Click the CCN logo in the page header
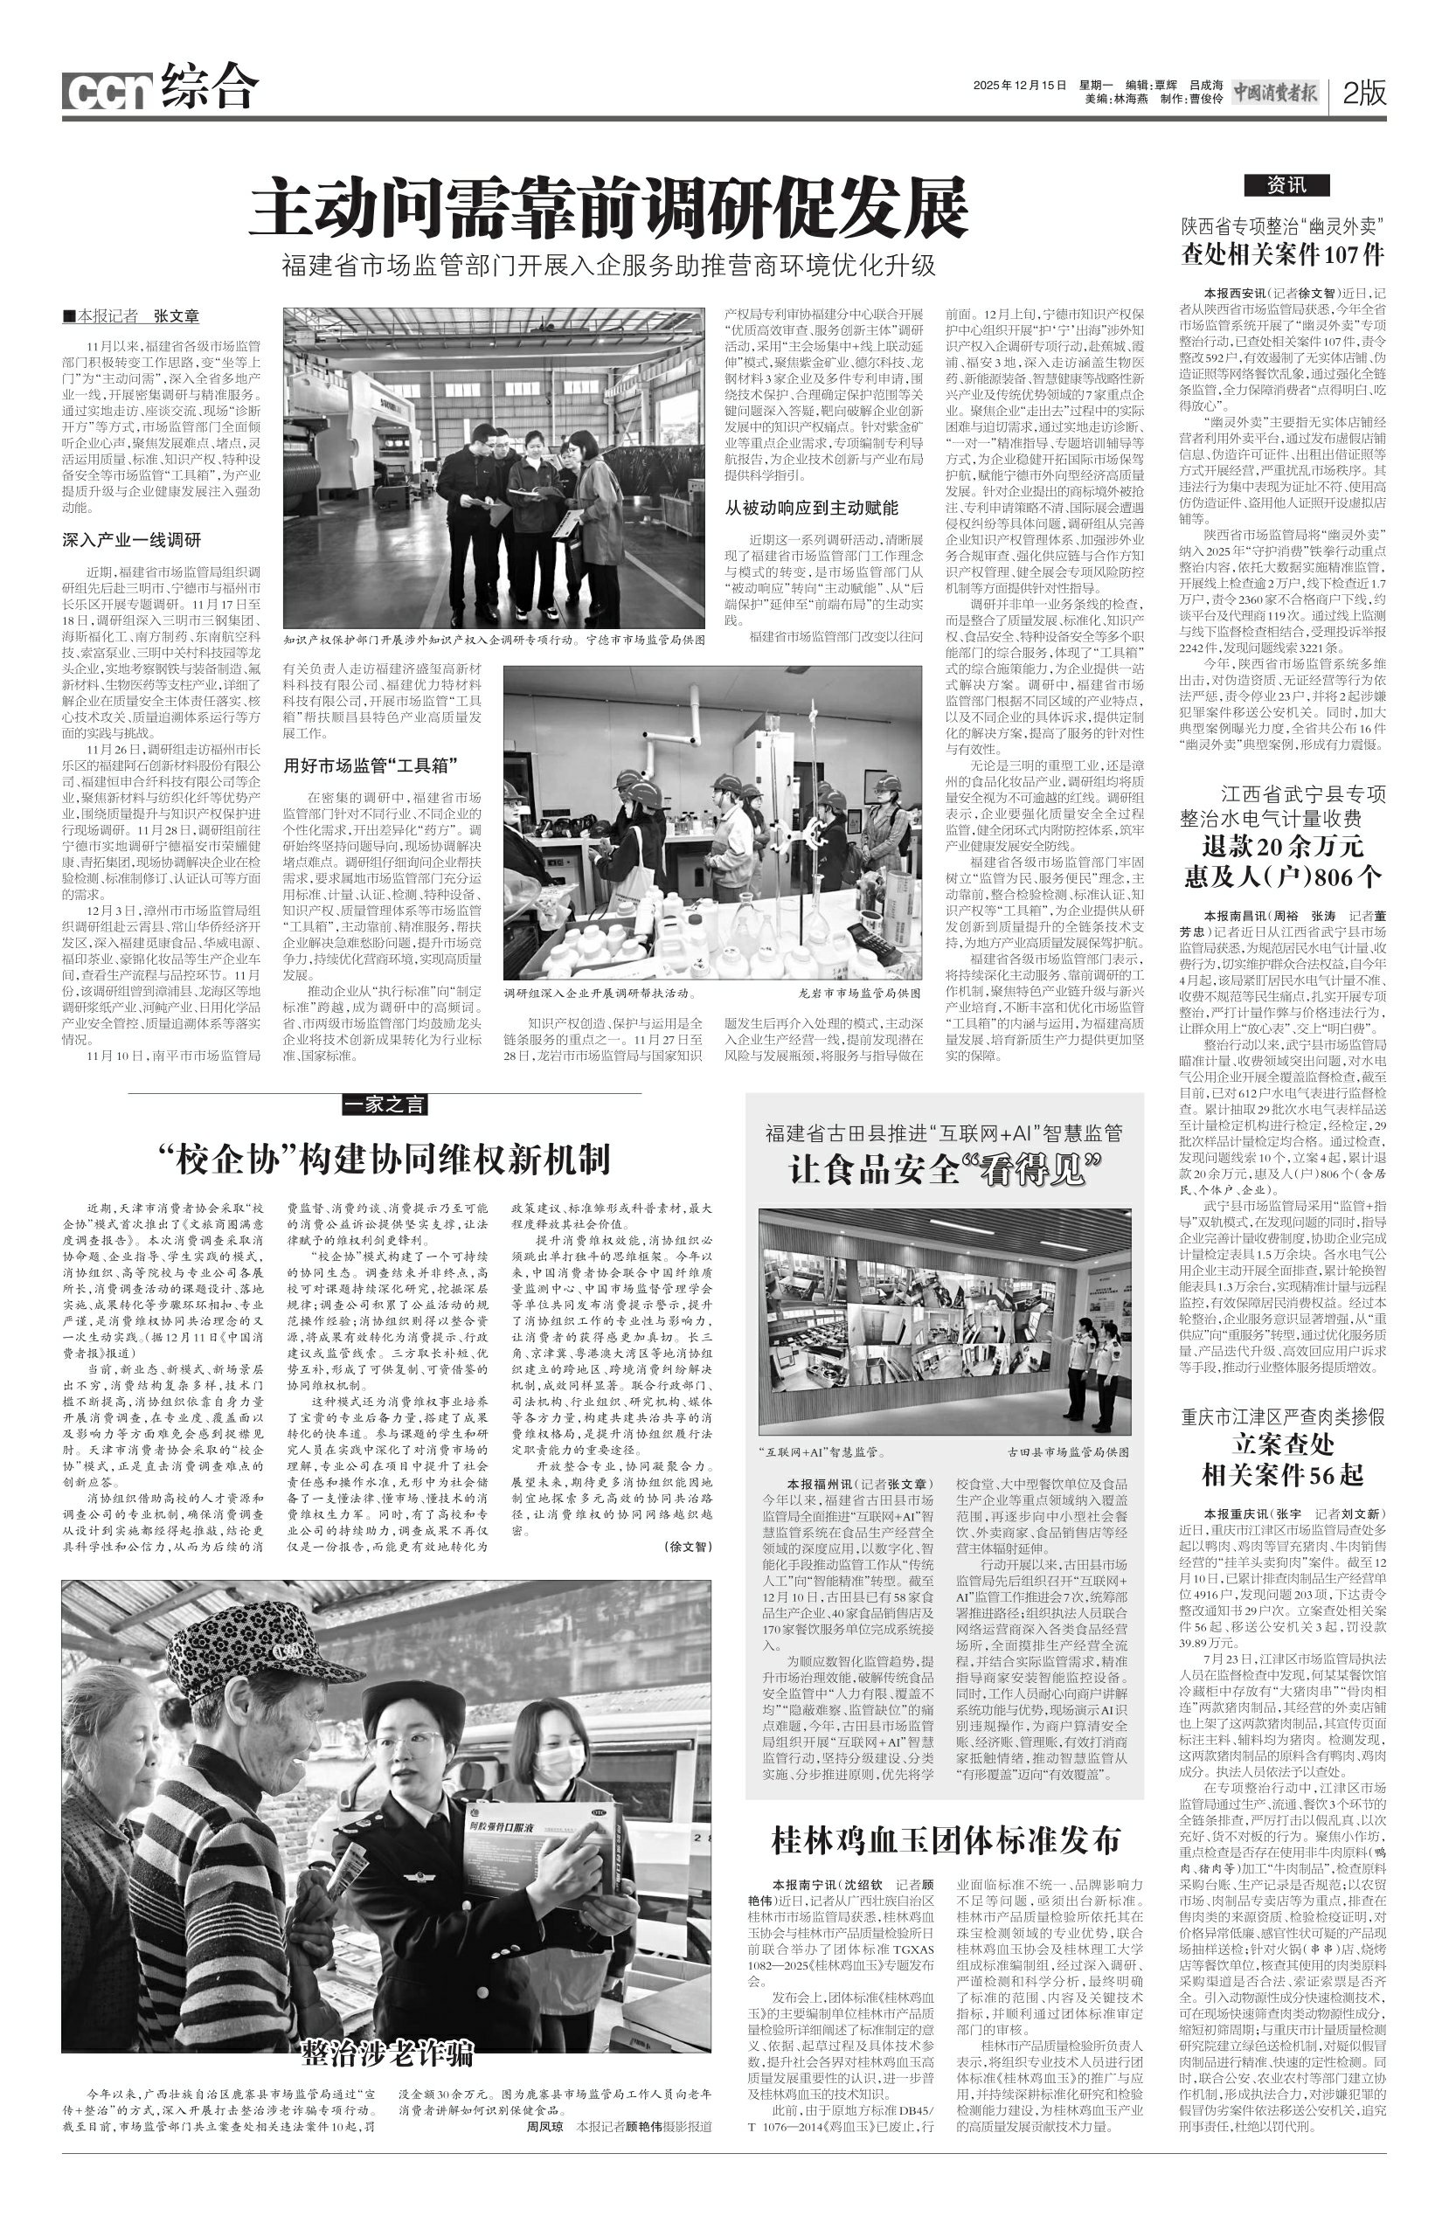click(x=108, y=91)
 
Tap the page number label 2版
click(x=1364, y=92)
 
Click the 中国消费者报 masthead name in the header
click(x=1276, y=92)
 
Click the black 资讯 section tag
click(x=1286, y=185)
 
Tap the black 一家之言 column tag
click(x=385, y=1105)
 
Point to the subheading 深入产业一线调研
click(x=131, y=540)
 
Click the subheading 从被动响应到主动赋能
click(x=811, y=508)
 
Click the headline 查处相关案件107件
click(x=1282, y=254)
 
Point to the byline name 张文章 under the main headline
click(x=176, y=316)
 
